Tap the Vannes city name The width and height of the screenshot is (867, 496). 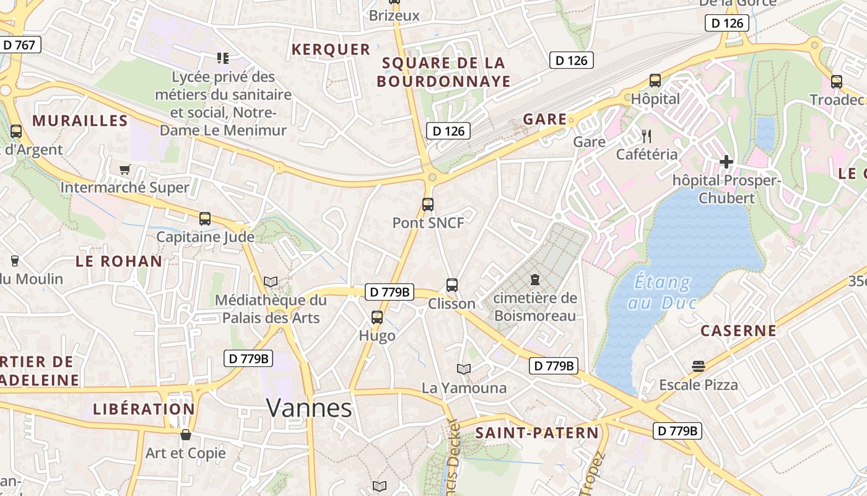pyautogui.click(x=309, y=408)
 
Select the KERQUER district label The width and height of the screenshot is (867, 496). pyautogui.click(x=331, y=50)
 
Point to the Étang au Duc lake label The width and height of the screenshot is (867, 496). pyautogui.click(x=662, y=293)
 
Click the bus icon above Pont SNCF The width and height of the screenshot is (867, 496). pyautogui.click(x=427, y=204)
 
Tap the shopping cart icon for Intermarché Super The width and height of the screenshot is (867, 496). pyautogui.click(x=125, y=169)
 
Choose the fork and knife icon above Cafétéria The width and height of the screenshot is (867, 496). pyautogui.click(x=647, y=136)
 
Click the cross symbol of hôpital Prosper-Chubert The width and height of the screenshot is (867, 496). pyautogui.click(x=726, y=162)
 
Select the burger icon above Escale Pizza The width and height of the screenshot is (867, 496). pyautogui.click(x=699, y=366)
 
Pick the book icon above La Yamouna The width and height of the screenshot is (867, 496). pyautogui.click(x=463, y=370)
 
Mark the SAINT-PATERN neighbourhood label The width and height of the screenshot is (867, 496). pyautogui.click(x=537, y=433)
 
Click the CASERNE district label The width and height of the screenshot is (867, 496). pyautogui.click(x=738, y=330)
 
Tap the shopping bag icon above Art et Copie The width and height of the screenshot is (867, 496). pyautogui.click(x=185, y=435)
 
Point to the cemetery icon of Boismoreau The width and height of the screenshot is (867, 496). pyautogui.click(x=535, y=280)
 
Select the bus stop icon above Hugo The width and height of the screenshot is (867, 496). pyautogui.click(x=377, y=317)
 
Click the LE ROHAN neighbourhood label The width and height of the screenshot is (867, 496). pyautogui.click(x=119, y=261)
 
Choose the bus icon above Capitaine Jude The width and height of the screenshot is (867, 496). pyautogui.click(x=205, y=219)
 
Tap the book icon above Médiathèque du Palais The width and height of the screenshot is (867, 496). pyautogui.click(x=270, y=282)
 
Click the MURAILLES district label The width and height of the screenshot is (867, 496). pyautogui.click(x=80, y=120)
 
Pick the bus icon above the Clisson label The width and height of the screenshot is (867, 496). pyautogui.click(x=452, y=285)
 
